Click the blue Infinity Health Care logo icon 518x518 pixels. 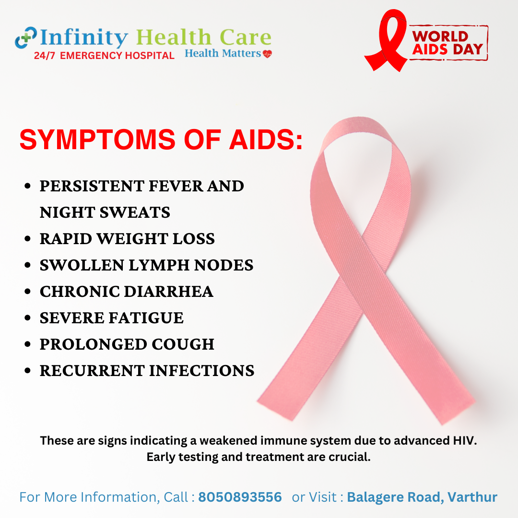pos(26,38)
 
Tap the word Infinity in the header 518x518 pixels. pos(84,37)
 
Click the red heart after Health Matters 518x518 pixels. pos(267,54)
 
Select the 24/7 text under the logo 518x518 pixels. pos(45,56)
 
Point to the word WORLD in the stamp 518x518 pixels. pos(440,36)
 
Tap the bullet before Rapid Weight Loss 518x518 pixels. pos(28,238)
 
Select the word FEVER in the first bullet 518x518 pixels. pos(176,186)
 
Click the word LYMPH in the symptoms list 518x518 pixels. pos(159,265)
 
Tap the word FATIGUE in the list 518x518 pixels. pos(146,318)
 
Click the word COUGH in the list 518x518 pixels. pos(183,344)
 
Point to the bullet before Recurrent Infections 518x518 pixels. pos(28,370)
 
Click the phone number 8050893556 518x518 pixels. pos(240,497)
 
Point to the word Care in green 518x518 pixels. pos(246,37)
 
